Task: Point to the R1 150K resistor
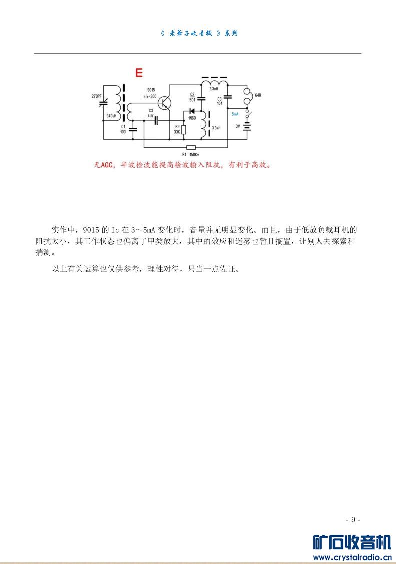[191, 147]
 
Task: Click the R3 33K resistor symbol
[184, 130]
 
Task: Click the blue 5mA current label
[235, 114]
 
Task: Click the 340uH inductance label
[111, 116]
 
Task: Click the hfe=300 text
[151, 95]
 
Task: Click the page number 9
[353, 519]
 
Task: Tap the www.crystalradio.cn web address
[351, 557]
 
